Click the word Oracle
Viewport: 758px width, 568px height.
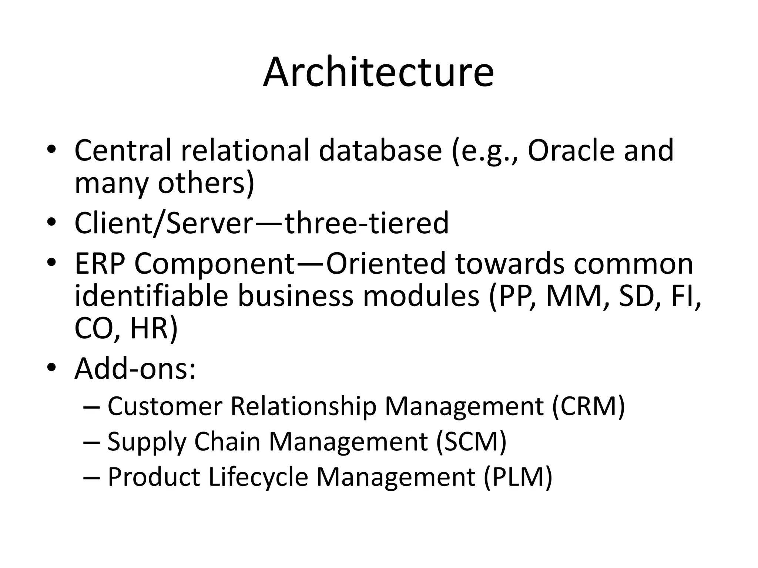[570, 151]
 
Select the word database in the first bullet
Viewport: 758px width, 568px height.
[380, 151]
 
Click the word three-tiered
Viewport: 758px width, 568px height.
[367, 223]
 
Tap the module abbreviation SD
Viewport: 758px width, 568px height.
[641, 296]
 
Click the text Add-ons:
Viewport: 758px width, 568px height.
[135, 369]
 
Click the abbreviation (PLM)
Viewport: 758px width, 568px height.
[518, 477]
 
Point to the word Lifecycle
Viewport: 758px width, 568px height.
[258, 477]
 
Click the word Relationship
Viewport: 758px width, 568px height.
[303, 406]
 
